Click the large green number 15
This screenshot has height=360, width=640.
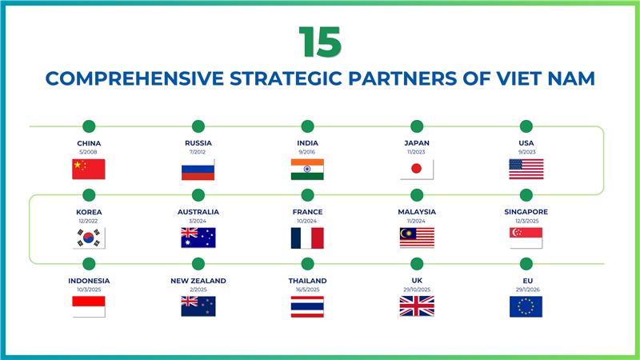click(320, 42)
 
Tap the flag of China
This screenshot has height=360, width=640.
click(89, 169)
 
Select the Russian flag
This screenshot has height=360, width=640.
click(198, 169)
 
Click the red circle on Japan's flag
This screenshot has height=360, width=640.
click(417, 169)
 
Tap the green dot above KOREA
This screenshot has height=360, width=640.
click(89, 194)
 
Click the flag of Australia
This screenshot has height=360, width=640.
click(198, 238)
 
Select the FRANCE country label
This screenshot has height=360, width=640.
click(307, 212)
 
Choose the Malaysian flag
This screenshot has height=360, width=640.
click(417, 238)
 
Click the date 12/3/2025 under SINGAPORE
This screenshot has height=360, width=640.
click(526, 221)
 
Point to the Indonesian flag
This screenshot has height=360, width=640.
click(89, 306)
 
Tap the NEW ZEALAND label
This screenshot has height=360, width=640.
click(198, 281)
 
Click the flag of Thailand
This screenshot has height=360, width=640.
click(307, 306)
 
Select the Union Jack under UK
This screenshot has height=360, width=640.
click(417, 306)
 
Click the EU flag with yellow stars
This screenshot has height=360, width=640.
click(526, 306)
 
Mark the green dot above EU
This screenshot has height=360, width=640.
click(526, 263)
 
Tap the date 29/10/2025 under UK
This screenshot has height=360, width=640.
click(417, 290)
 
